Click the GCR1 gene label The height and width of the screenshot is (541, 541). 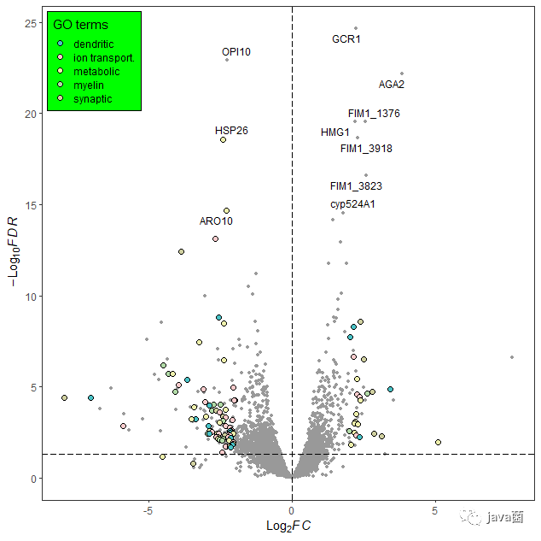coord(346,39)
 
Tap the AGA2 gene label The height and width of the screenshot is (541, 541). coord(392,84)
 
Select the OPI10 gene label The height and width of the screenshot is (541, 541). coord(236,52)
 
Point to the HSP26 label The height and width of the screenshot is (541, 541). coord(231,131)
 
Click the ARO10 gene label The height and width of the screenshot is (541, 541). coord(216,221)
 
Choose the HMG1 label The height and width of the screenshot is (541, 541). coord(335,132)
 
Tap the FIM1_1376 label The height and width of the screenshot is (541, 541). coord(374,114)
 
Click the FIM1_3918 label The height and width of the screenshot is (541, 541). coord(366,149)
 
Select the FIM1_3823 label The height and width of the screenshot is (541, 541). coord(356,186)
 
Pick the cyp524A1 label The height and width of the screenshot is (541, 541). coord(352,204)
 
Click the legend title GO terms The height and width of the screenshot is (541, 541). coord(81,25)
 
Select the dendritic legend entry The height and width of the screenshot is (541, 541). coord(93,44)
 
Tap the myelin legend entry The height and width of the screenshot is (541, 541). coord(89,85)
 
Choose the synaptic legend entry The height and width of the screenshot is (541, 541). coord(92,99)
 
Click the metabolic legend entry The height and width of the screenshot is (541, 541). coord(96,72)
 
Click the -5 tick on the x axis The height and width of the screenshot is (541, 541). coord(148,511)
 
